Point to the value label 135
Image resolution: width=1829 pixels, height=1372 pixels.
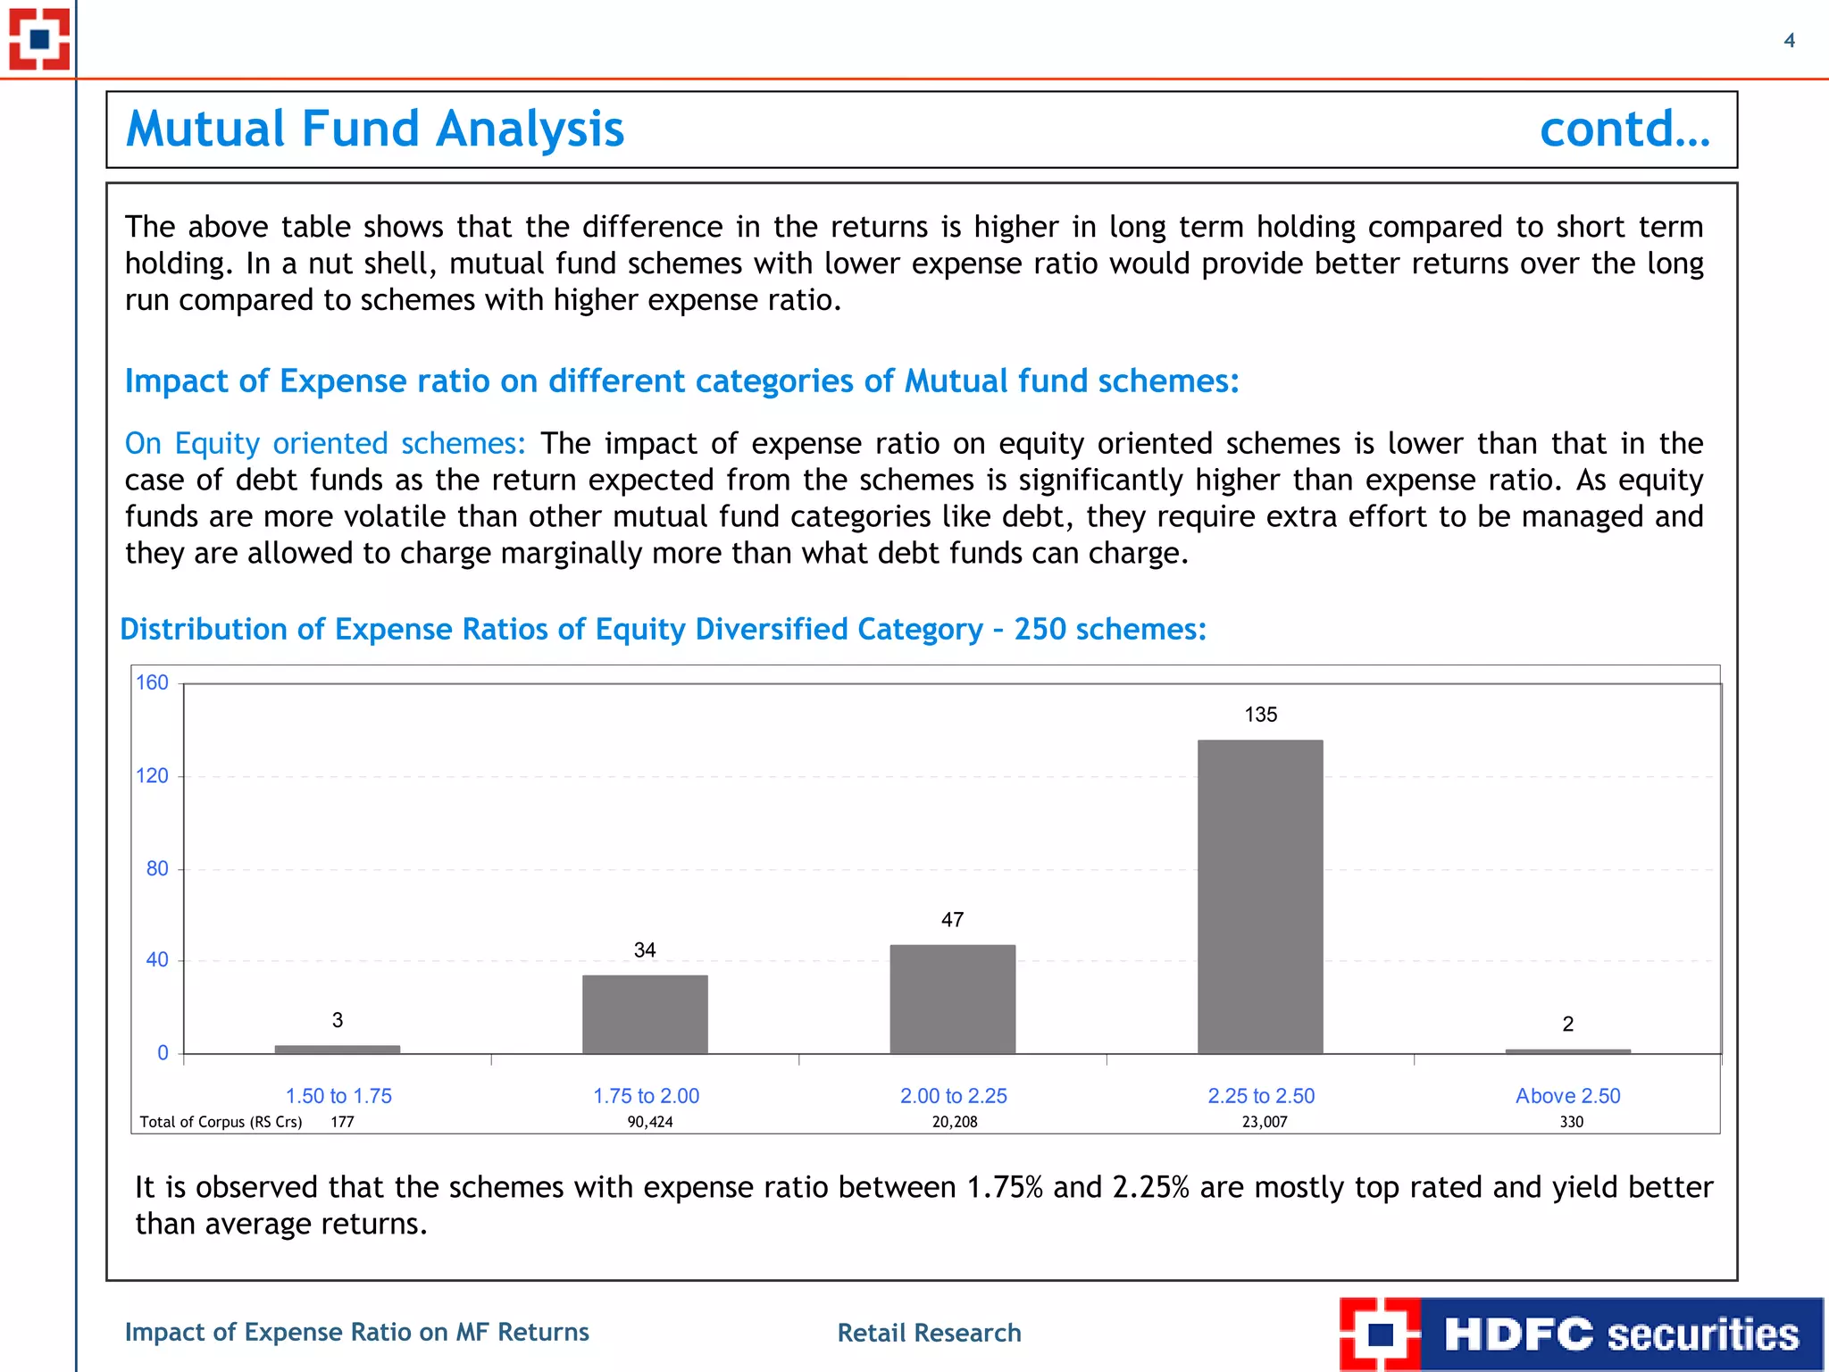(x=1260, y=715)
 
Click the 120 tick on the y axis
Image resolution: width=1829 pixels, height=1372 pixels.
(x=152, y=775)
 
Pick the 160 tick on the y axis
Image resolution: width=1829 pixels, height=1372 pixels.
(x=152, y=682)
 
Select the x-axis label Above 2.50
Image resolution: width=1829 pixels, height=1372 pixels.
(x=1567, y=1096)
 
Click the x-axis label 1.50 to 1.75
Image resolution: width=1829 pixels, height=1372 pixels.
(x=338, y=1096)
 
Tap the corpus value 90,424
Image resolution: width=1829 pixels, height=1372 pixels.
(x=649, y=1122)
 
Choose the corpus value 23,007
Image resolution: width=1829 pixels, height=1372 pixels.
(x=1265, y=1122)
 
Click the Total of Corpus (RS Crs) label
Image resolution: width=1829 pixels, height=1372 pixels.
(x=221, y=1122)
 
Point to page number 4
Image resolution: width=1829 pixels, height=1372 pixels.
(x=1789, y=40)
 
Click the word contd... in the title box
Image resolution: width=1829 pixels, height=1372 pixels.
(x=1624, y=130)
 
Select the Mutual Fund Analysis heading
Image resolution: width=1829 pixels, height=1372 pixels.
(x=375, y=130)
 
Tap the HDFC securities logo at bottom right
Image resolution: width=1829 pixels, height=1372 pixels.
(x=1581, y=1334)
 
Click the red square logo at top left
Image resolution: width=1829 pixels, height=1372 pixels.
(x=39, y=39)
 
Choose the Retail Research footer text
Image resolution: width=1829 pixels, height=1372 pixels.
(x=929, y=1333)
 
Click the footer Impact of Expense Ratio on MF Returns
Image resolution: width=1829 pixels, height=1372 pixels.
(x=357, y=1332)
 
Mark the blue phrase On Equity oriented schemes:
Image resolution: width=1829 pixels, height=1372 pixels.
(x=325, y=444)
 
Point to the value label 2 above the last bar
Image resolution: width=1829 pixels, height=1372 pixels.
(x=1567, y=1025)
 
